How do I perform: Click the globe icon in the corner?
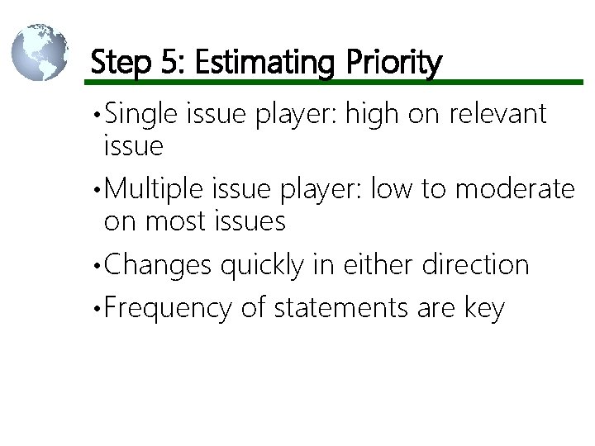point(40,51)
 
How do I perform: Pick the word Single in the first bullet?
point(140,113)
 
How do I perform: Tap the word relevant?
point(497,113)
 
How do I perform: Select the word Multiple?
point(155,189)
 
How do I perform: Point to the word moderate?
point(515,189)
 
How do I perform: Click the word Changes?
point(158,265)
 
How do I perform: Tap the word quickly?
point(261,265)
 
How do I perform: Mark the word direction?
point(475,265)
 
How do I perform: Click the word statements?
point(340,308)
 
